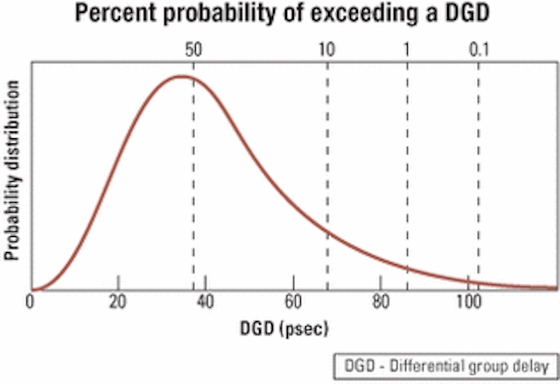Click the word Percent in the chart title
pos(115,14)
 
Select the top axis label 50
pos(193,50)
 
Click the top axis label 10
pos(326,50)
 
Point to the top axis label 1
pos(407,50)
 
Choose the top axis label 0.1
pos(479,50)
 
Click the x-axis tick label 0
pos(30,302)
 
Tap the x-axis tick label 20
pos(118,302)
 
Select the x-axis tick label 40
pos(206,302)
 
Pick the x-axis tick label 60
pos(293,302)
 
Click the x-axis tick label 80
pos(381,302)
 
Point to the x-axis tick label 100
pos(469,302)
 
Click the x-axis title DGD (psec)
pos(283,329)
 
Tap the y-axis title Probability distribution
pos(11,171)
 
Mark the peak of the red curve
pos(181,76)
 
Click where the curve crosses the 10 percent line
pos(327,234)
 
